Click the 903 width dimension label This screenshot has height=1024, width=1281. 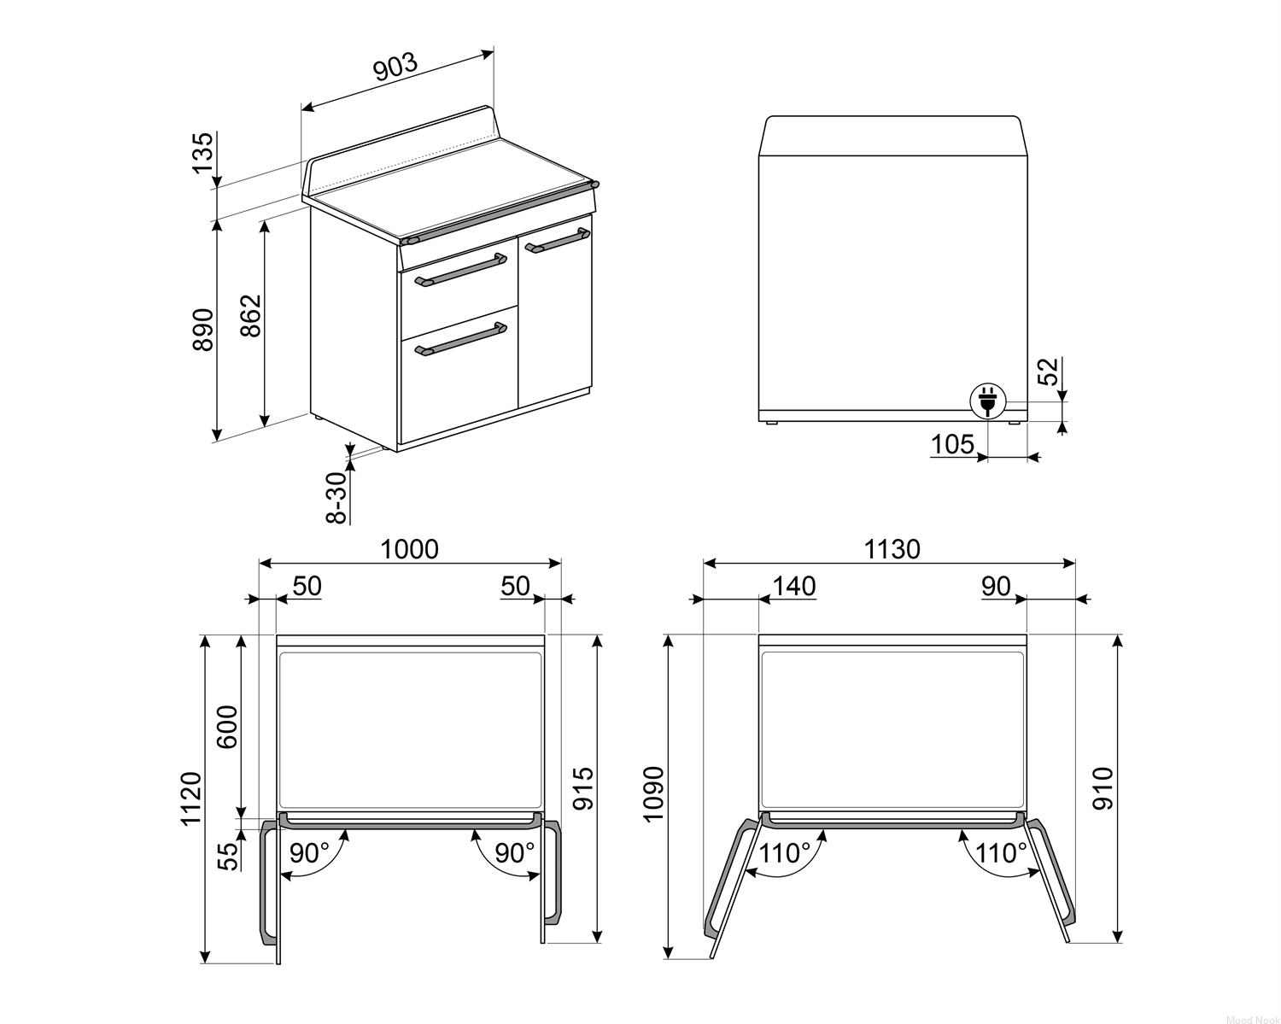(395, 67)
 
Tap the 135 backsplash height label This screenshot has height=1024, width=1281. (202, 153)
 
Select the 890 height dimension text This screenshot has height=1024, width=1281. (202, 329)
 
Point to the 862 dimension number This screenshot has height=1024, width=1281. (251, 315)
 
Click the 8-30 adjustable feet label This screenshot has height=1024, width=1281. (337, 498)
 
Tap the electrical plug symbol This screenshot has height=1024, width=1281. (987, 401)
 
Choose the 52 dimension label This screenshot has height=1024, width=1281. (1050, 372)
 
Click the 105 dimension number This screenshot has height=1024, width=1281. (952, 444)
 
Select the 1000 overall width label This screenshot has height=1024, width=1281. (410, 549)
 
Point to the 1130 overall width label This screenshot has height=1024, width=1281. (892, 549)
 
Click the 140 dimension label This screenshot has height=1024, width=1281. (794, 587)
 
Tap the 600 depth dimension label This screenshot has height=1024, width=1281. (227, 727)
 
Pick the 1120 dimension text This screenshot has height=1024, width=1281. (191, 799)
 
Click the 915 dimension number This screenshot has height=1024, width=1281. (583, 789)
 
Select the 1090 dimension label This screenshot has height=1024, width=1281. (653, 793)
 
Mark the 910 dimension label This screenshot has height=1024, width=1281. (1103, 789)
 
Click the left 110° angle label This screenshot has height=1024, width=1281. (785, 854)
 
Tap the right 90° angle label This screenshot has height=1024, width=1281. (515, 853)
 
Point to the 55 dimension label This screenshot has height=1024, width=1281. (227, 856)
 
